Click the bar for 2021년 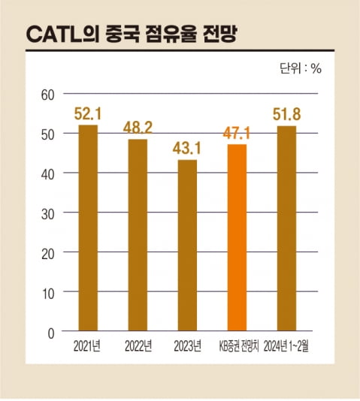(x=88, y=228)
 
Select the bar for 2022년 (x=138, y=235)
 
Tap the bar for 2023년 (x=187, y=245)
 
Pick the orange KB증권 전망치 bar (x=237, y=237)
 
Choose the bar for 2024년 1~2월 (x=286, y=228)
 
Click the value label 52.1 (x=88, y=114)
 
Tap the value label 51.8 (x=286, y=115)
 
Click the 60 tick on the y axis (x=49, y=94)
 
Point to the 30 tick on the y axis (x=49, y=213)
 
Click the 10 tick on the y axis (x=49, y=291)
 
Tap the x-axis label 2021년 (x=88, y=346)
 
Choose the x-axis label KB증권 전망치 (x=237, y=346)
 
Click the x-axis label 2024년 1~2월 (x=287, y=346)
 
